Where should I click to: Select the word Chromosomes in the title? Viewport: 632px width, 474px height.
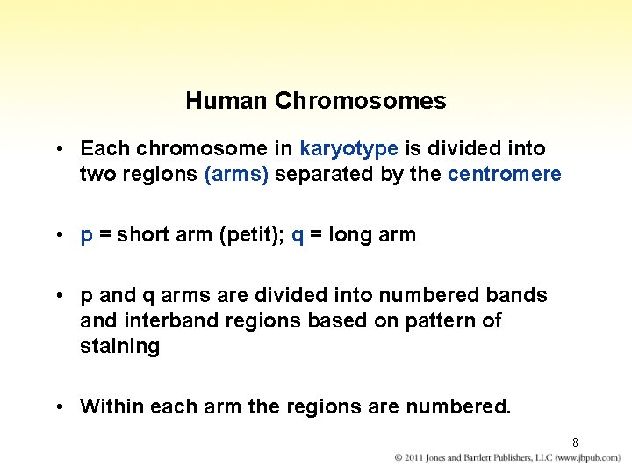click(360, 101)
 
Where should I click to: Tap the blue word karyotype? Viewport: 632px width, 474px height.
click(348, 149)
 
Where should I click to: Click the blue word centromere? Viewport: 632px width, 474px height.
click(504, 174)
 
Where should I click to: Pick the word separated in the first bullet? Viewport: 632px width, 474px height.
click(325, 174)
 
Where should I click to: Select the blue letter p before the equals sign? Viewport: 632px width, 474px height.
click(86, 235)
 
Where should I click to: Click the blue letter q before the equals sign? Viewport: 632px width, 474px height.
click(297, 235)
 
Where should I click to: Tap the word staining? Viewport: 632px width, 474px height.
click(119, 346)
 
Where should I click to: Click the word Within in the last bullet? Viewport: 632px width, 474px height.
click(111, 406)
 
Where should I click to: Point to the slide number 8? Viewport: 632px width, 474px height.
click(575, 442)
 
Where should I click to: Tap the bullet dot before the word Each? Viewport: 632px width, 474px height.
click(57, 149)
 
